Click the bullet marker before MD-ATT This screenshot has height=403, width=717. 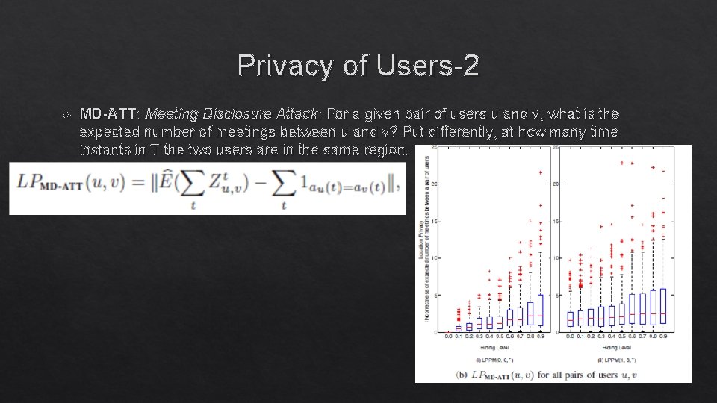pyautogui.click(x=66, y=115)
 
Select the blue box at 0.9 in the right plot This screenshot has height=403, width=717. pyautogui.click(x=662, y=306)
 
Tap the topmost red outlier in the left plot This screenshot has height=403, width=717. pyautogui.click(x=541, y=172)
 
